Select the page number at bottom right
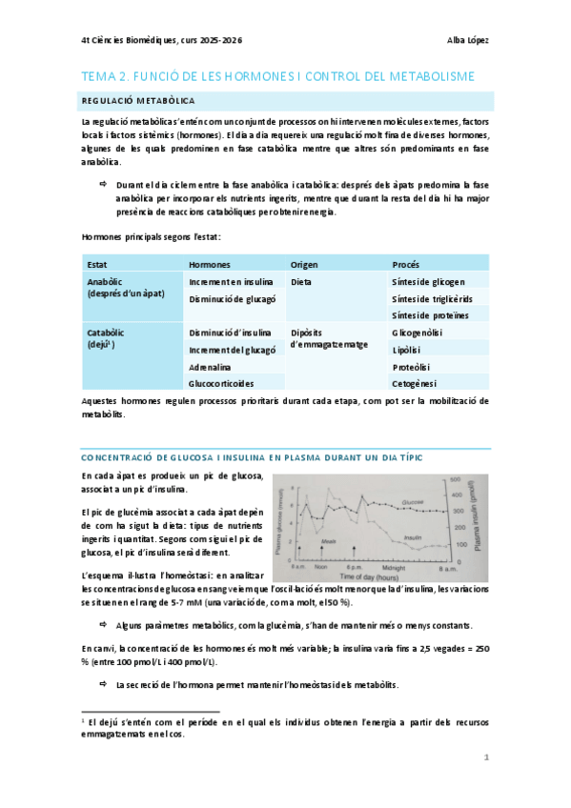coord(486,758)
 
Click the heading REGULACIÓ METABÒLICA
coord(139,100)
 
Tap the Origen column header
coord(304,263)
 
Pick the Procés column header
coord(407,263)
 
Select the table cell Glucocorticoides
coord(222,384)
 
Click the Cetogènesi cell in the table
coord(415,384)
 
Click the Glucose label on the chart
coord(414,499)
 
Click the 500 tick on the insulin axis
coord(456,480)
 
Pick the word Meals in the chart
coord(328,539)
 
